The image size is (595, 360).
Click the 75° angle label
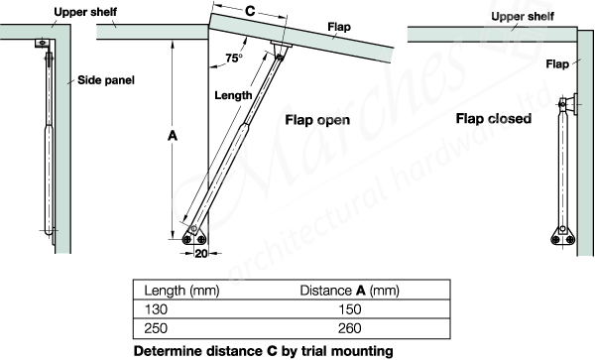click(234, 58)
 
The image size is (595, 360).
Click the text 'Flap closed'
click(494, 119)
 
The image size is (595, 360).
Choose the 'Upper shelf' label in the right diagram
click(520, 17)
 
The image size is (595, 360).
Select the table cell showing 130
click(158, 309)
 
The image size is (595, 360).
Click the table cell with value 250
click(158, 328)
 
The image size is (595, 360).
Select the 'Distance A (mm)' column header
click(349, 291)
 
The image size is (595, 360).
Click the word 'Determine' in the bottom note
click(167, 350)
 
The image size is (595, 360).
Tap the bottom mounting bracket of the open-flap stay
click(193, 238)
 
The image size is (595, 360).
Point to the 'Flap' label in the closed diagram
click(558, 64)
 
